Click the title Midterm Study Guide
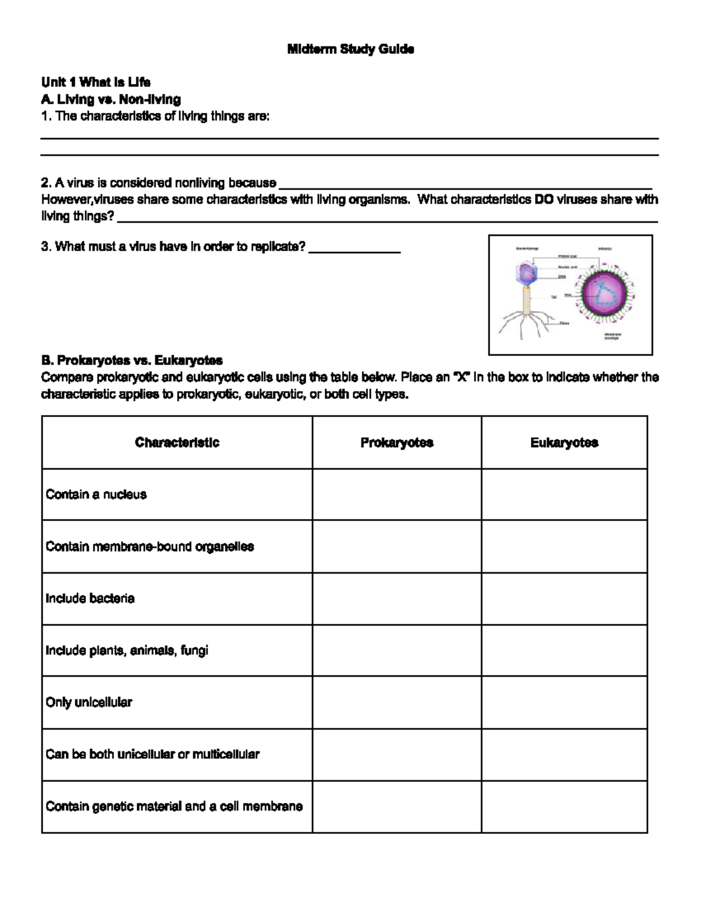350,49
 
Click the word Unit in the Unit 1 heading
53,82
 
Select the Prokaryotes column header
397,443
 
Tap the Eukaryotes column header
564,443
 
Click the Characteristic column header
177,443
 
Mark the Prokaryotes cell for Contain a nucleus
397,495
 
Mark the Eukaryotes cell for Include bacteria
564,599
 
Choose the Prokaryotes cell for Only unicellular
397,702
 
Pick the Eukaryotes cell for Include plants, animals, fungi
564,650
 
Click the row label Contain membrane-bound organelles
150,547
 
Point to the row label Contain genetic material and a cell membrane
174,806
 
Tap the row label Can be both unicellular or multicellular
152,754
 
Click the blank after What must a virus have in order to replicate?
354,248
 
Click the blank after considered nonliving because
465,184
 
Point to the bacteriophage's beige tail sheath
528,302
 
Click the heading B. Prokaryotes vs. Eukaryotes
131,360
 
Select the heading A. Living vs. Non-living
110,99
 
